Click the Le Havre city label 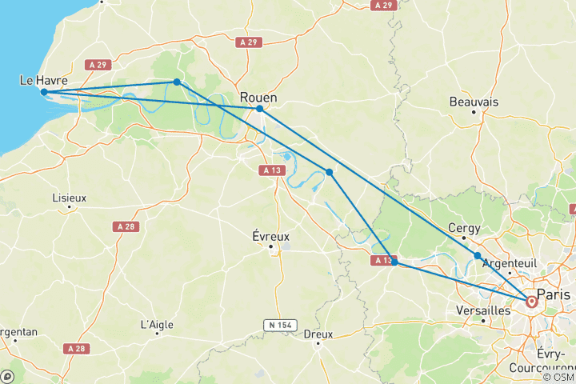[43, 81]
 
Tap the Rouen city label [258, 97]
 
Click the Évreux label [270, 237]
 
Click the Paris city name [558, 294]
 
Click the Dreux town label [318, 334]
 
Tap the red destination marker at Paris [532, 302]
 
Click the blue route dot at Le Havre [44, 92]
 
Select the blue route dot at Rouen [259, 109]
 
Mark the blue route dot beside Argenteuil [478, 256]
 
